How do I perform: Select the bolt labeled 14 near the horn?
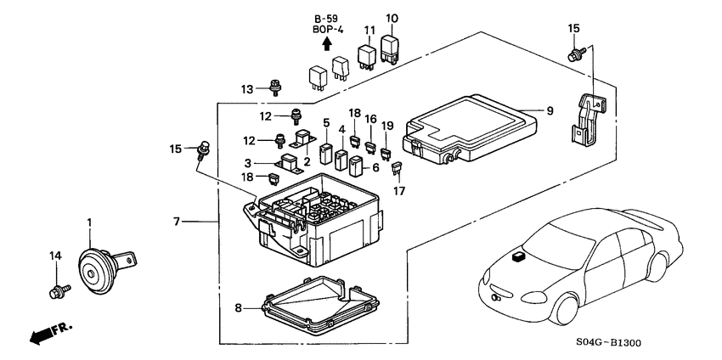[58, 291]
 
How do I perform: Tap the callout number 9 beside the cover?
[550, 110]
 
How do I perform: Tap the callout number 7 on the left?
[178, 222]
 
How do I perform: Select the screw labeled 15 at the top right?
[574, 53]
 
